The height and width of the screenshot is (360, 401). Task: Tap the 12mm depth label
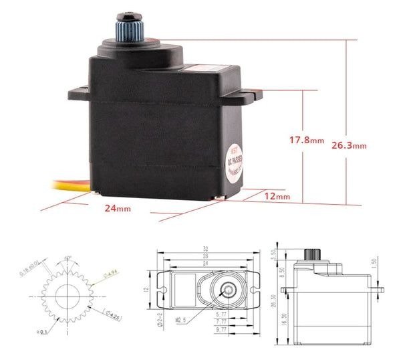[x=277, y=196]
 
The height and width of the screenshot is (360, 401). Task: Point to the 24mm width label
[x=116, y=209]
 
